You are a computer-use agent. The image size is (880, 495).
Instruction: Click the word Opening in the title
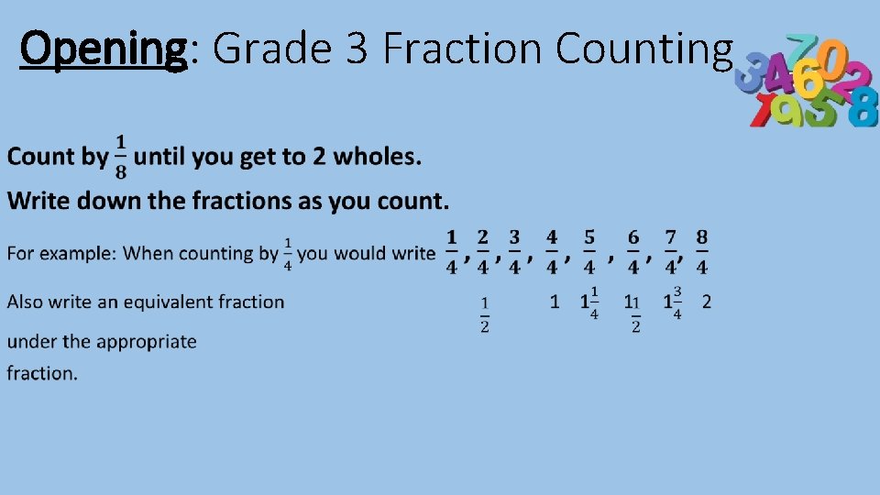(x=103, y=48)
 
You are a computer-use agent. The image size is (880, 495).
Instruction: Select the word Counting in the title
(x=644, y=48)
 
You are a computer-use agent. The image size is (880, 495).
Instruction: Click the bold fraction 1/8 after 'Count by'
(x=120, y=157)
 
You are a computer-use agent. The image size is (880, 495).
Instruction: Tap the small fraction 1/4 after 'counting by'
(x=288, y=253)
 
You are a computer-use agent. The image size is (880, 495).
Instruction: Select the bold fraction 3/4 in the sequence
(x=514, y=252)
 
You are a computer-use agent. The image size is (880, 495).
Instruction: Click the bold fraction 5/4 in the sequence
(x=589, y=252)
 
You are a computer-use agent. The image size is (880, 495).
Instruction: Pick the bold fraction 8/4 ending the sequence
(x=701, y=252)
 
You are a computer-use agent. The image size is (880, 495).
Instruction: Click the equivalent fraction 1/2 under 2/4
(x=485, y=313)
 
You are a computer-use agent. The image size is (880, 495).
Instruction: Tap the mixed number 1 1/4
(x=590, y=302)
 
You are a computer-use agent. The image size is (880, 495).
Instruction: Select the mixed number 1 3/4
(x=673, y=302)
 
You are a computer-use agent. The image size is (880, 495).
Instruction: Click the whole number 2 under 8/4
(x=706, y=302)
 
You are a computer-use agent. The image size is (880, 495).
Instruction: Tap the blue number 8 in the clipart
(x=862, y=109)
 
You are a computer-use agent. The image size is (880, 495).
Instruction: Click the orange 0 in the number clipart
(x=831, y=59)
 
